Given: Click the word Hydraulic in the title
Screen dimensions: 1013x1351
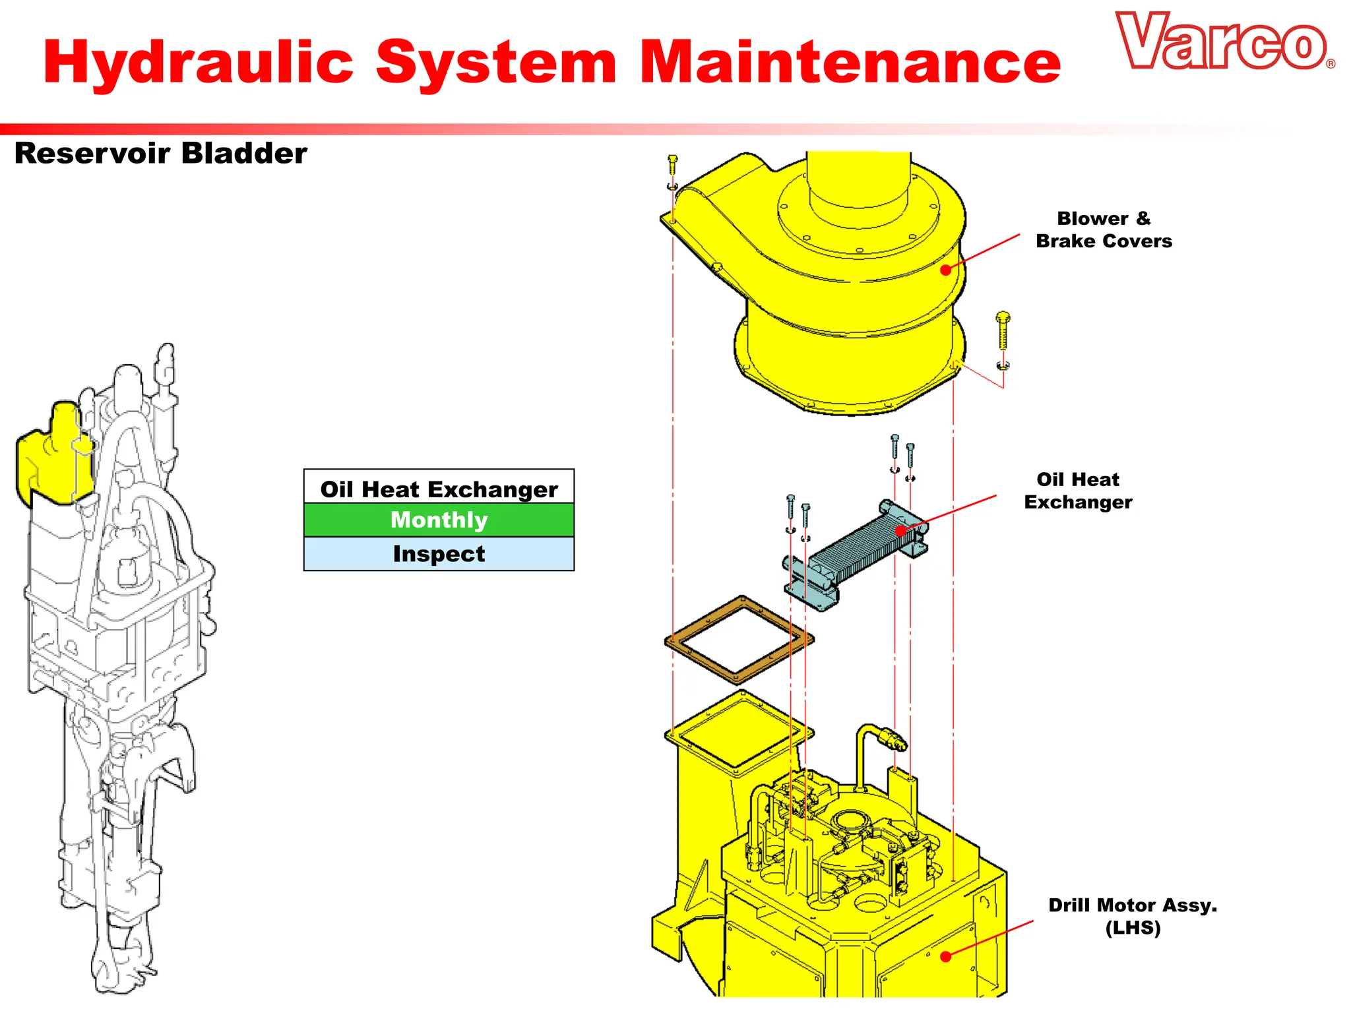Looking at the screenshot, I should tap(199, 63).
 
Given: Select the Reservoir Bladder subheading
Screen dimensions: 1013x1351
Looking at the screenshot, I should tap(160, 154).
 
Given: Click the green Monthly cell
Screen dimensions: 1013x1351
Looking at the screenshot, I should tap(439, 520).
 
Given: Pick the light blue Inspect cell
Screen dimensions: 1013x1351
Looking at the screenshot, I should tap(439, 554).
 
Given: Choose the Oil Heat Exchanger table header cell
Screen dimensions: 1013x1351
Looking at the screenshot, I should tap(439, 489).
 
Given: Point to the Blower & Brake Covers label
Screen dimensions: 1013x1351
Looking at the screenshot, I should tap(1104, 230).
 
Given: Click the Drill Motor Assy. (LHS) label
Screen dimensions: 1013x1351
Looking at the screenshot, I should tap(1132, 916).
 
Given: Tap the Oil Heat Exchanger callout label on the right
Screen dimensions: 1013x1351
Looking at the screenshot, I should tap(1078, 491).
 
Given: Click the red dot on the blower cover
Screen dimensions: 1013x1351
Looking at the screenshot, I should tap(945, 270).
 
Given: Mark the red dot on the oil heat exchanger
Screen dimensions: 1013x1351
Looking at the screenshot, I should tap(900, 531).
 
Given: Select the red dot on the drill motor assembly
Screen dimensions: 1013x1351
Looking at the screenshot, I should tap(945, 956).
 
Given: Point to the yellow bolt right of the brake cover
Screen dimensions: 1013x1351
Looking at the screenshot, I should tap(1003, 330).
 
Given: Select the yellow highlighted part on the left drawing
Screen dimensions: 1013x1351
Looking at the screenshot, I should tap(49, 458).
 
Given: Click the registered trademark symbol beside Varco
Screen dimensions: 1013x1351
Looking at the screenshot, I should tap(1331, 64).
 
